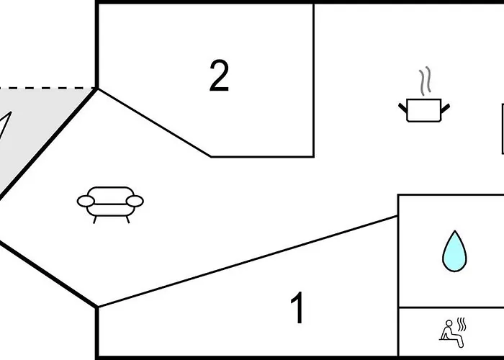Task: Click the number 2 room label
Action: tap(219, 75)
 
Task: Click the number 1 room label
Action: tap(297, 307)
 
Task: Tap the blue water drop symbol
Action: tap(454, 251)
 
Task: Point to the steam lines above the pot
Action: tap(425, 81)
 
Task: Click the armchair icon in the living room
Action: tap(110, 204)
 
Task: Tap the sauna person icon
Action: tap(453, 333)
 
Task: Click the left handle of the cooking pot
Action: tap(402, 108)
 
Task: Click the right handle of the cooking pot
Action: tap(445, 108)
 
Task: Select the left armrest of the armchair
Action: tap(86, 201)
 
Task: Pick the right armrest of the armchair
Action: tap(135, 201)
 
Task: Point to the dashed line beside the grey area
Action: tap(48, 88)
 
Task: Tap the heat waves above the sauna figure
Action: tap(462, 324)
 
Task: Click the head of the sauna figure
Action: tap(449, 323)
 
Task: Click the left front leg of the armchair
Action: tap(95, 220)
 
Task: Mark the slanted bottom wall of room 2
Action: tap(154, 123)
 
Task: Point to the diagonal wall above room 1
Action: tap(248, 261)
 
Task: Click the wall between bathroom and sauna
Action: tap(451, 307)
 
